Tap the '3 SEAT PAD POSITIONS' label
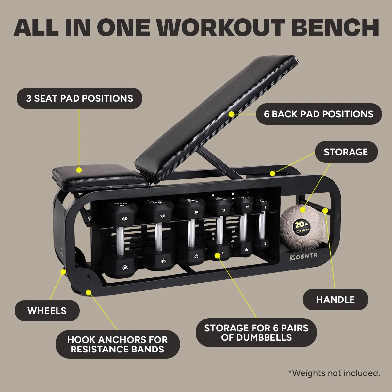click(79, 98)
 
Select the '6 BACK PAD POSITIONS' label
click(318, 114)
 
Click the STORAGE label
click(346, 152)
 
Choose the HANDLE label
click(335, 300)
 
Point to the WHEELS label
click(47, 311)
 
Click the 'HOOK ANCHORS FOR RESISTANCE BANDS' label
click(117, 344)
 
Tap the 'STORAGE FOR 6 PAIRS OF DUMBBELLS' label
click(256, 333)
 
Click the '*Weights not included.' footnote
click(334, 373)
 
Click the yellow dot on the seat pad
click(79, 170)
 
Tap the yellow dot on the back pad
click(231, 114)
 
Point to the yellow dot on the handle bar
click(325, 210)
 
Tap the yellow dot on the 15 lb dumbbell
click(218, 254)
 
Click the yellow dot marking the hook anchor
click(88, 292)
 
